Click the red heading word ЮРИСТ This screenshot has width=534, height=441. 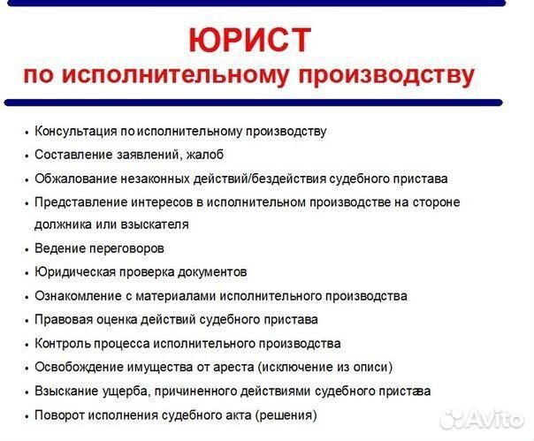click(250, 40)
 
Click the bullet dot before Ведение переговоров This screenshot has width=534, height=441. click(27, 249)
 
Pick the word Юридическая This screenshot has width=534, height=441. click(73, 272)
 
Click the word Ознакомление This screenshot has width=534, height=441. click(75, 296)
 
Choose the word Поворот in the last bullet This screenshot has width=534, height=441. click(59, 414)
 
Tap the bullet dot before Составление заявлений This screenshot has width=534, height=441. click(27, 156)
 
